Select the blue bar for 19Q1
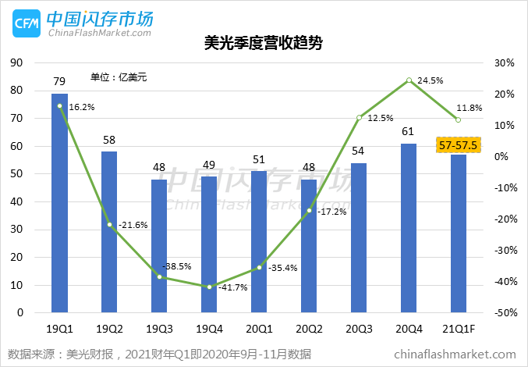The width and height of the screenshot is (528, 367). [59, 203]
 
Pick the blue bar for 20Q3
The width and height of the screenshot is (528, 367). [359, 237]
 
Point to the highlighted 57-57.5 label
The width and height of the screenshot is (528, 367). [458, 145]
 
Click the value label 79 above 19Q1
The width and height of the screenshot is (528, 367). [59, 81]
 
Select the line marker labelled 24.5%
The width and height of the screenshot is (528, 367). [409, 80]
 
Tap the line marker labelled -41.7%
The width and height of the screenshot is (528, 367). [209, 287]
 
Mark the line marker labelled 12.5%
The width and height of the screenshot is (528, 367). [359, 118]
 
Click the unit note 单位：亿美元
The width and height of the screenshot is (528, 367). [119, 77]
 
